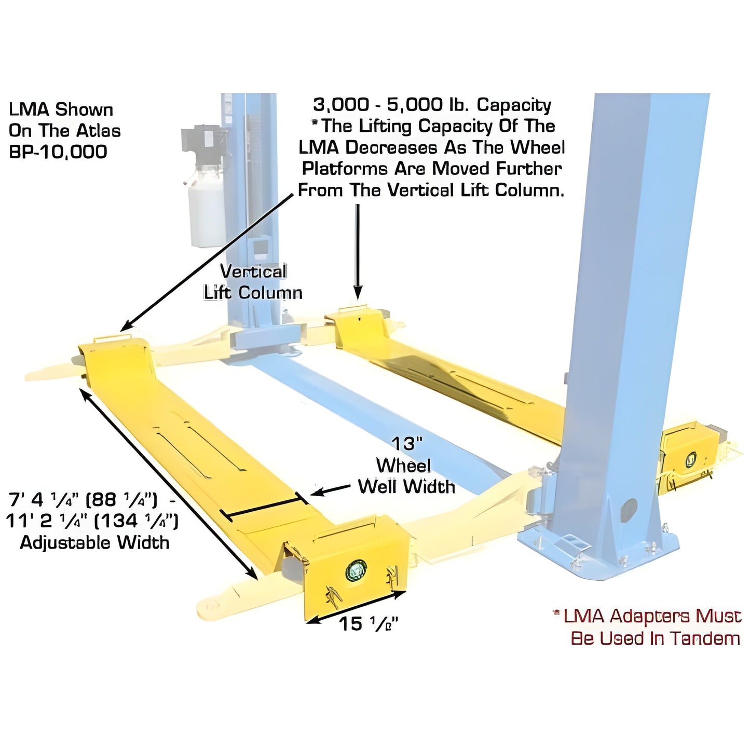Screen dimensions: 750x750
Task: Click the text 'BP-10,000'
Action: coord(58,152)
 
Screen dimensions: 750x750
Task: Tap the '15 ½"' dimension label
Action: coord(368,624)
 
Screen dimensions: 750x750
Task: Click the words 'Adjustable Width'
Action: coord(94,543)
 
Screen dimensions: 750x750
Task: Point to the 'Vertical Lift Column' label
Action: coord(253,282)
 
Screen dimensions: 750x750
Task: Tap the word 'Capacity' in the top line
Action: coord(514,105)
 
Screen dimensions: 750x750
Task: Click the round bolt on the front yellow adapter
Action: coord(356,571)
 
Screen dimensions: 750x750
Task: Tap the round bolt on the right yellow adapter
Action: coord(691,459)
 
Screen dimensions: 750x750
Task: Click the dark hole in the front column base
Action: coord(629,508)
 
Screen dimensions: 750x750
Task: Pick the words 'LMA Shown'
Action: coord(61,110)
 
